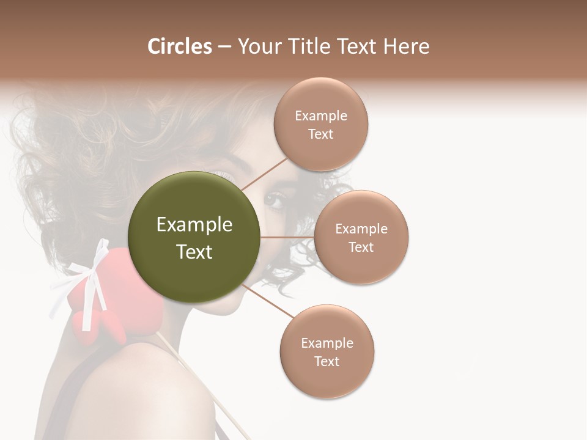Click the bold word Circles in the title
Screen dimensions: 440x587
(180, 46)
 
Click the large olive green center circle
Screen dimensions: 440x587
(194, 237)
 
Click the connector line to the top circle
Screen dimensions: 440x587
(265, 173)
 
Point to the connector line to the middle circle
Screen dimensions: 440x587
(287, 237)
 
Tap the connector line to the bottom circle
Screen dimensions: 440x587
(269, 302)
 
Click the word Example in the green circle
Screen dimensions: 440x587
(194, 225)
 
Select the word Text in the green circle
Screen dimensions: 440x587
(194, 252)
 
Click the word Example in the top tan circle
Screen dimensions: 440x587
(321, 116)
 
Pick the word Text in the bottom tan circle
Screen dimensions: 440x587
(327, 362)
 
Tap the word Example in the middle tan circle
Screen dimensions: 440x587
(361, 229)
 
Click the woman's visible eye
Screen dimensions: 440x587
(275, 200)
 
